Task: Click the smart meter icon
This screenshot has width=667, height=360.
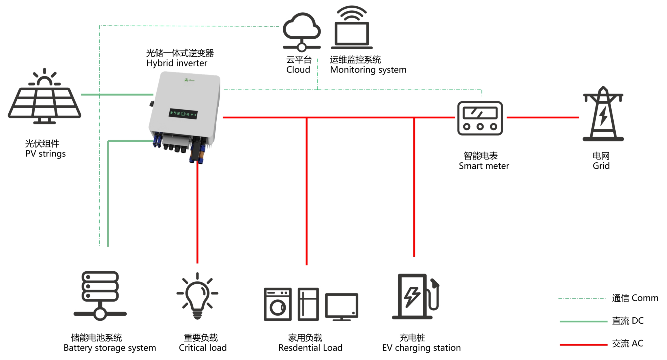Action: (x=480, y=118)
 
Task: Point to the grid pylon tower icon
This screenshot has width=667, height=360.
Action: (x=603, y=114)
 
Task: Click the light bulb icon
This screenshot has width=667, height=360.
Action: (x=197, y=296)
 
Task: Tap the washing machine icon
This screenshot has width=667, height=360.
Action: (x=278, y=304)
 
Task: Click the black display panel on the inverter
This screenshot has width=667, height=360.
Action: (x=183, y=114)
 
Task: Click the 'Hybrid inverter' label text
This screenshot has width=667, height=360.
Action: (x=177, y=63)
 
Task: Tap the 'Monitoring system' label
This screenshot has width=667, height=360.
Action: (x=368, y=70)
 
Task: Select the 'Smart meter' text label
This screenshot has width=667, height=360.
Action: (x=484, y=166)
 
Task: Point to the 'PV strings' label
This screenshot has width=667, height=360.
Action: (x=46, y=154)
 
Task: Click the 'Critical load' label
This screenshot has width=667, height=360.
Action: (x=203, y=348)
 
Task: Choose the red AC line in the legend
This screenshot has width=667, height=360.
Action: (x=583, y=345)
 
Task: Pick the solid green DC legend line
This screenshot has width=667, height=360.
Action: (x=583, y=321)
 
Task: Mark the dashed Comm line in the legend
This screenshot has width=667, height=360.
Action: (x=582, y=298)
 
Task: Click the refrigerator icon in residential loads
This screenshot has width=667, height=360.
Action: (x=308, y=304)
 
